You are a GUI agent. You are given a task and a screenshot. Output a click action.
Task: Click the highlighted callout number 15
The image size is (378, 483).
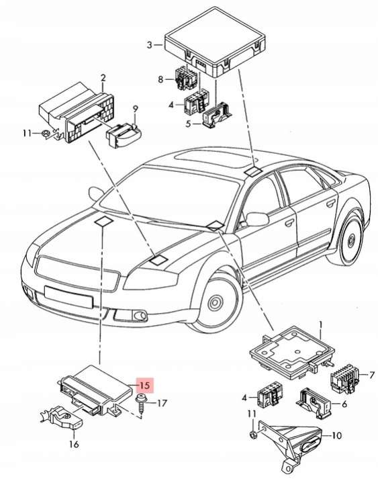tap(144, 385)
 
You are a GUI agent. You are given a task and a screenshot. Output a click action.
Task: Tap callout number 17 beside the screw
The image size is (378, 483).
tap(162, 403)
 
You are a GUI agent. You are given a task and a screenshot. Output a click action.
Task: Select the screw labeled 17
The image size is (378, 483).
tap(142, 403)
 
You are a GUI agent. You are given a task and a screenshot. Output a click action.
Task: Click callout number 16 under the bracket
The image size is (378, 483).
tap(74, 444)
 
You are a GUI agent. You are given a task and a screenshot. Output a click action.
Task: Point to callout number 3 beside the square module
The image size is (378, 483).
tap(149, 45)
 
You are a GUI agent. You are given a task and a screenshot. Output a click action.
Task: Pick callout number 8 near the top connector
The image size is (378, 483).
tap(160, 79)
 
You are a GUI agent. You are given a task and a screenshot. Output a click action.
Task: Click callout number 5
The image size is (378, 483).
tap(189, 124)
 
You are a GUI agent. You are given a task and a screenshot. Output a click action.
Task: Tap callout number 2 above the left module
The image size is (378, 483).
tap(103, 78)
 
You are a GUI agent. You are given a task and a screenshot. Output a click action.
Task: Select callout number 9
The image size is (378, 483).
tap(136, 109)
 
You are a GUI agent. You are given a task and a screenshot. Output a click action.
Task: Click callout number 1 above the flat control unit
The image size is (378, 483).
tap(320, 325)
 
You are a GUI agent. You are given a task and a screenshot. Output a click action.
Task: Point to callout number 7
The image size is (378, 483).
tap(372, 376)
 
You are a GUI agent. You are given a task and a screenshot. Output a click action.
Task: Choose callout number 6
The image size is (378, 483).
tap(344, 404)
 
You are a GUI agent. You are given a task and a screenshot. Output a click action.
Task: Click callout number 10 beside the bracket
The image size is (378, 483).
tap(337, 435)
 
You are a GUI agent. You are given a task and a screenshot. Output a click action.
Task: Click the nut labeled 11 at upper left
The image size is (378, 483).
tap(45, 134)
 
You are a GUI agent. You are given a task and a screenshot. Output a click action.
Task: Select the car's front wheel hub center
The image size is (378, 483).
tap(215, 303)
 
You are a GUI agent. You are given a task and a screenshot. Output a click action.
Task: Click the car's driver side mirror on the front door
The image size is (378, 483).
tap(256, 219)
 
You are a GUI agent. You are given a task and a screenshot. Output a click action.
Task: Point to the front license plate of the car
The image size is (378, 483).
tap(68, 297)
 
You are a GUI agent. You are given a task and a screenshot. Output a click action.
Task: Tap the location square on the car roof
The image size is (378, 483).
tap(253, 171)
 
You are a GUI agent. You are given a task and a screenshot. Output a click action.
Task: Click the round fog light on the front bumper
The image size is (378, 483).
tap(139, 315)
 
